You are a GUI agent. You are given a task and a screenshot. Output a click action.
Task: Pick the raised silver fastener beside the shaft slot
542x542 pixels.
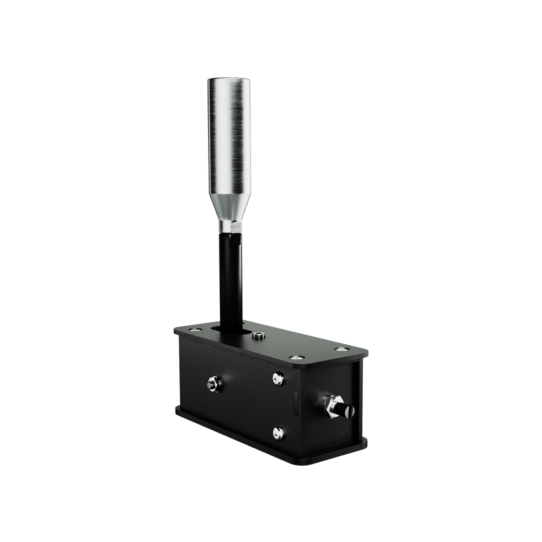[x=259, y=336]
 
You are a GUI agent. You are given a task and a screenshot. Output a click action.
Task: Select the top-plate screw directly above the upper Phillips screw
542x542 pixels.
[x=296, y=357]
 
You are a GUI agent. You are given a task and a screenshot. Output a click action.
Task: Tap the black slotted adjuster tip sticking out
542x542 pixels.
[x=347, y=410]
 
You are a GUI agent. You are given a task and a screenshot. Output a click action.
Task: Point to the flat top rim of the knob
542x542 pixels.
[x=229, y=80]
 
